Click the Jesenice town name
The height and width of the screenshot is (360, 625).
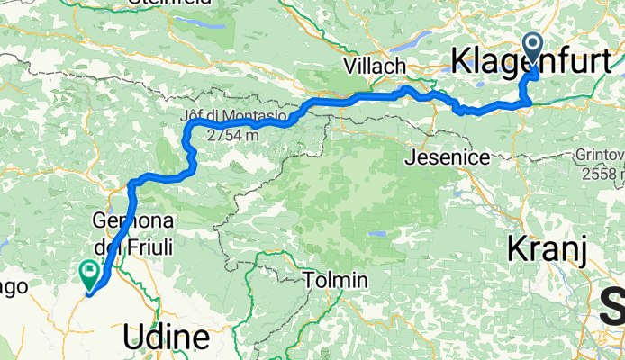pyautogui.click(x=448, y=157)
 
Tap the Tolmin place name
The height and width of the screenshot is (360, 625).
pyautogui.click(x=336, y=281)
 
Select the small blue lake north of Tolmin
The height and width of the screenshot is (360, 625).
pyautogui.click(x=378, y=234)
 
